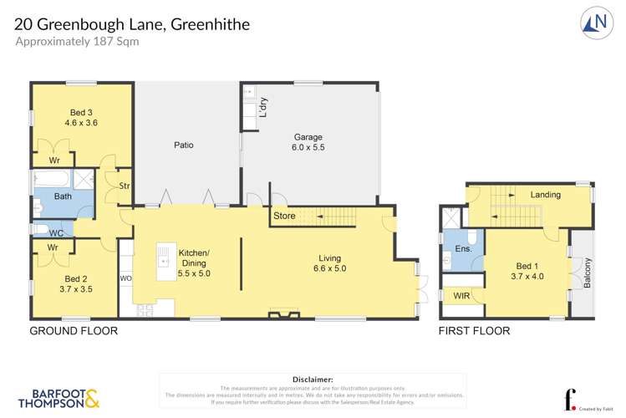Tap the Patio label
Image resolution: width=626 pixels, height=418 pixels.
pyautogui.click(x=184, y=145)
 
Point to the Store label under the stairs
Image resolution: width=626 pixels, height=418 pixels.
pyautogui.click(x=284, y=217)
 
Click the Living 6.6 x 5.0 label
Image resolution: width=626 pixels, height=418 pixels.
pyautogui.click(x=329, y=263)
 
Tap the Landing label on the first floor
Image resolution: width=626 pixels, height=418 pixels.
pyautogui.click(x=545, y=195)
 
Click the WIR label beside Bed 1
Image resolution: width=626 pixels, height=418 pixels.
pyautogui.click(x=461, y=297)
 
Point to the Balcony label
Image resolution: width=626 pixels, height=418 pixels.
pyautogui.click(x=588, y=273)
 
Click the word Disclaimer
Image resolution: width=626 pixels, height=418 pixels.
pyautogui.click(x=313, y=380)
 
